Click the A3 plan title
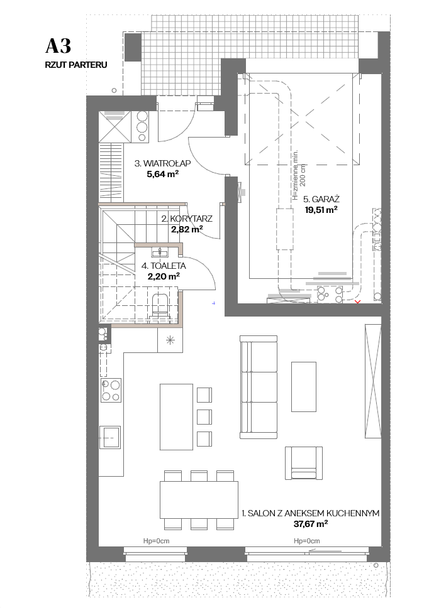click(x=58, y=46)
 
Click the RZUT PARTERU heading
click(x=76, y=65)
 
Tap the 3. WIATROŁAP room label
click(x=163, y=163)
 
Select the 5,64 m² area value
click(x=162, y=174)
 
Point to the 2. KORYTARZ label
click(x=187, y=219)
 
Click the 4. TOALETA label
click(x=164, y=266)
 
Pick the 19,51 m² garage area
click(x=321, y=210)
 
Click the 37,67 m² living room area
click(x=311, y=524)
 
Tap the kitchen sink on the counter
click(x=110, y=437)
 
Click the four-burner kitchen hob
click(x=111, y=391)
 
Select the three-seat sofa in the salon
click(x=259, y=387)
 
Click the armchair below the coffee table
click(x=304, y=463)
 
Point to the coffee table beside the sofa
click(x=304, y=386)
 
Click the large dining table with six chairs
click(x=199, y=500)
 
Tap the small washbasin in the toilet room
click(x=160, y=253)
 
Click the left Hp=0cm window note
click(x=156, y=541)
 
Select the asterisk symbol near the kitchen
click(x=170, y=341)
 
